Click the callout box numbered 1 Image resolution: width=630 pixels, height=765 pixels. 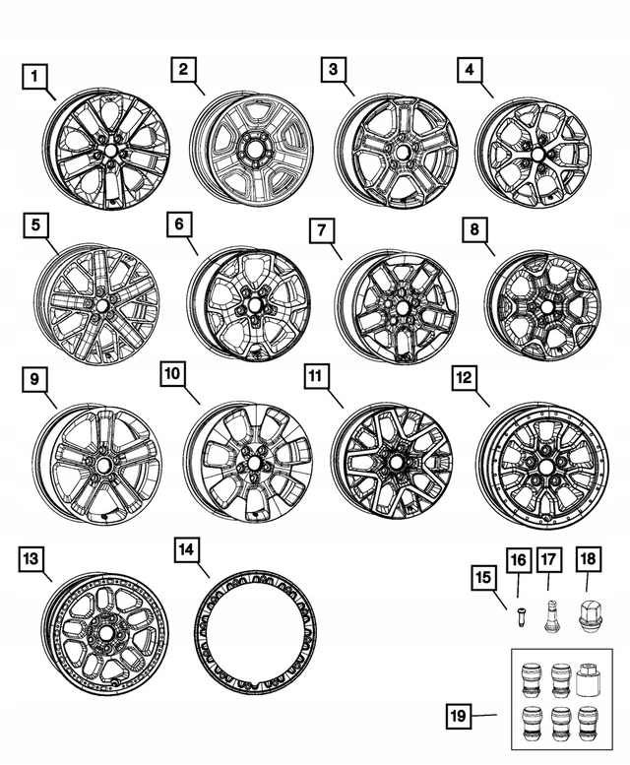pos(35,75)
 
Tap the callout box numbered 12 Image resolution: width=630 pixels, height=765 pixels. pos(465,376)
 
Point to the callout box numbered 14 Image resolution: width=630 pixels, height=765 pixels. pos(184,549)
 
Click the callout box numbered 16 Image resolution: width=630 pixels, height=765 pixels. pos(518,561)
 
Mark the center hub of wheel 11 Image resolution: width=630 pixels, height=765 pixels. pos(396,460)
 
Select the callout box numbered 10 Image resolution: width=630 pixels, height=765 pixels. pos(173,374)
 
